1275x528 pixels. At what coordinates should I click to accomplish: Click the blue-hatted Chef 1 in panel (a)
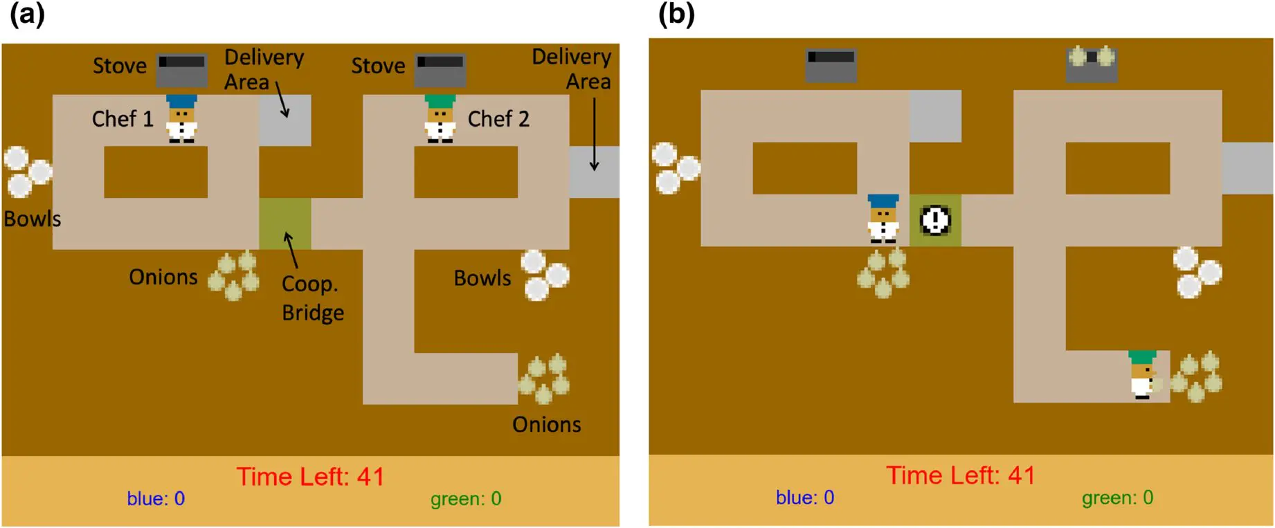(181, 120)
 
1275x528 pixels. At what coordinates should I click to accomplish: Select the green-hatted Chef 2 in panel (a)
(440, 120)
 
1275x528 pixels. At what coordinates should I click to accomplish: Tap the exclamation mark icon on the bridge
(935, 221)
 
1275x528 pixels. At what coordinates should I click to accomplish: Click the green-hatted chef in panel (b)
(1143, 374)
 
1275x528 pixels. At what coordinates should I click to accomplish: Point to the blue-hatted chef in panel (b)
(883, 219)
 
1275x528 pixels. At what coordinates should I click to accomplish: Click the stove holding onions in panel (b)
(1092, 64)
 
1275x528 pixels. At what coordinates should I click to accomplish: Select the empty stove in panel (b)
(831, 65)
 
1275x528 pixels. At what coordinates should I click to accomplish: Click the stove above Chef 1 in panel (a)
(181, 70)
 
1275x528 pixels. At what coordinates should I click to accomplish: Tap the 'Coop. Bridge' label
(312, 298)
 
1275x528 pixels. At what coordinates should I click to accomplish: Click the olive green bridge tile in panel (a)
(284, 224)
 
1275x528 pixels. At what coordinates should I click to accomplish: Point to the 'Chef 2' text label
(498, 119)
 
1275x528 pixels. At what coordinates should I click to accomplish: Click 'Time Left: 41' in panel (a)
(310, 477)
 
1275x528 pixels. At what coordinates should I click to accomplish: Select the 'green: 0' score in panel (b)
(1117, 498)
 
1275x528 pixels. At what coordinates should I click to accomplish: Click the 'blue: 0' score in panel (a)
(156, 499)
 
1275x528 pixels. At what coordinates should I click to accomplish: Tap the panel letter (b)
(676, 15)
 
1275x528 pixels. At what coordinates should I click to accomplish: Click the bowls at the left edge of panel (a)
(28, 172)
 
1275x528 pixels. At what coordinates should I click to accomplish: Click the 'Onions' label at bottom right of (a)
(546, 424)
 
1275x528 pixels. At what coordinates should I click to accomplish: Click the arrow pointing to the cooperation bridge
(292, 250)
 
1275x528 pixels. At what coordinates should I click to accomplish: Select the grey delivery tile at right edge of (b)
(1247, 168)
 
